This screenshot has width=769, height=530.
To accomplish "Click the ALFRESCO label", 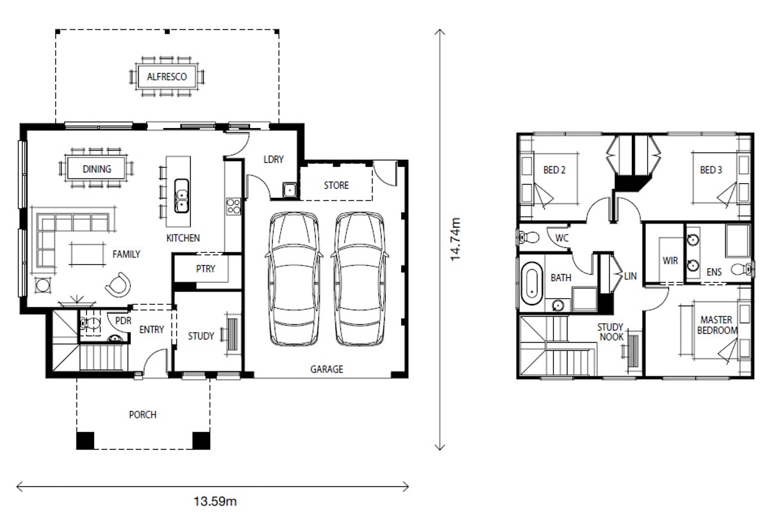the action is pos(167,76).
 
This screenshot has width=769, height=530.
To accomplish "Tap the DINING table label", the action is pos(97,169).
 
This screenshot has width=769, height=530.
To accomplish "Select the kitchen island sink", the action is pos(181,196).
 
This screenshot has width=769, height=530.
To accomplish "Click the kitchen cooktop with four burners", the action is pos(233,206).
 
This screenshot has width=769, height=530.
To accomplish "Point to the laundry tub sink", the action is pos(290,189).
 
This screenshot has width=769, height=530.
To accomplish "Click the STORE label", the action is pos(336,186).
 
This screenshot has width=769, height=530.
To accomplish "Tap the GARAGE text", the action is pos(326,369).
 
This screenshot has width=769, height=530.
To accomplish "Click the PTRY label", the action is pos(205,269).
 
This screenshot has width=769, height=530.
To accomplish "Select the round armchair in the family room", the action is pos(119,285).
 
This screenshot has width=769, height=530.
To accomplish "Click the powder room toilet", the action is pos(90,323).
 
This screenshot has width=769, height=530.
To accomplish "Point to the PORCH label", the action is pos(142,415).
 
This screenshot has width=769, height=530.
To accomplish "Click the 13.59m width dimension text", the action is pos(215,502).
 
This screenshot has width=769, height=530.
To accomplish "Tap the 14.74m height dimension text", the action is pos(455,239).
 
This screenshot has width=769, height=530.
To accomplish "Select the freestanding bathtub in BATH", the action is pos(532,284).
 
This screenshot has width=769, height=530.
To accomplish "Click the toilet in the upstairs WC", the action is pos(528,237).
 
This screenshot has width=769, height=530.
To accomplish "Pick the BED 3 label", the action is pos(711,170).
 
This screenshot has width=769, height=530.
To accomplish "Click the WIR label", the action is pos(670,261).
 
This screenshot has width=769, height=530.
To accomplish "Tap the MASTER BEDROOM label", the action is pos(717,325).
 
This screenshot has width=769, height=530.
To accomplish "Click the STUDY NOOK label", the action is pos(611,332).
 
